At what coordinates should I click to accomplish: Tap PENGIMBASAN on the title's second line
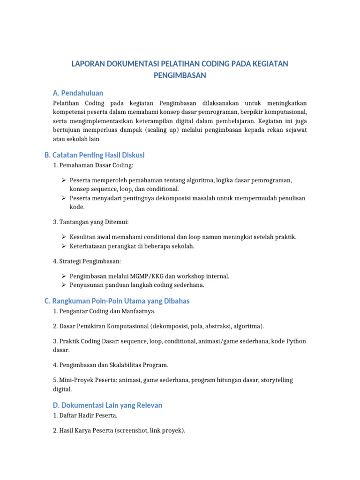[180, 75]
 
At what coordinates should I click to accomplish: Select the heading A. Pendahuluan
[78, 93]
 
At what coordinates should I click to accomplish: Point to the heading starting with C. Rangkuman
[117, 301]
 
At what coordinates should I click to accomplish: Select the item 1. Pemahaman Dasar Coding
[93, 165]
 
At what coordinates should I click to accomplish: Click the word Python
[296, 341]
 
